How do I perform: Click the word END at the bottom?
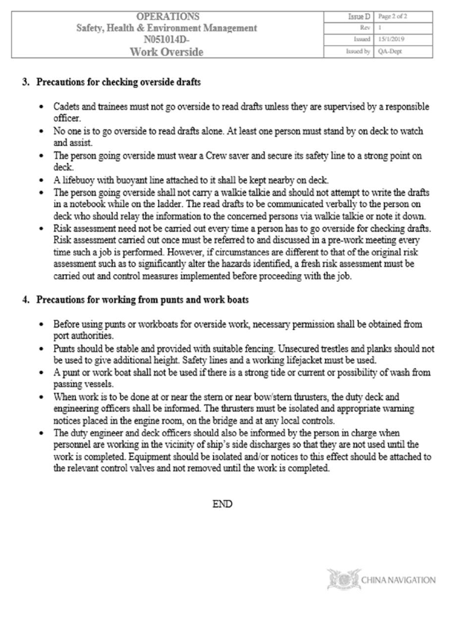[x=222, y=504]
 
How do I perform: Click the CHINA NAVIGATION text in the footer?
[x=397, y=580]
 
